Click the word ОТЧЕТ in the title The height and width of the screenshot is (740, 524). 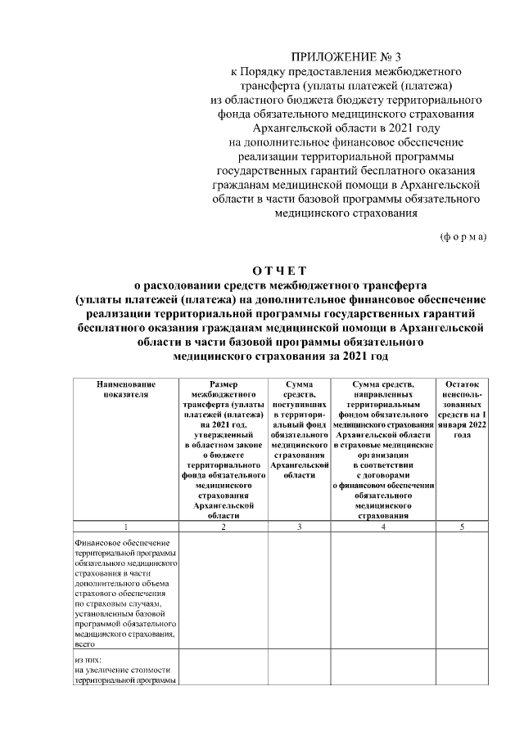(x=278, y=271)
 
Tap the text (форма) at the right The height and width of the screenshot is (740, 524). (x=463, y=236)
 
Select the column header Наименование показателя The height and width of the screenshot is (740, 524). (x=125, y=388)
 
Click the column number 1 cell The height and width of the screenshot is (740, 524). (x=125, y=527)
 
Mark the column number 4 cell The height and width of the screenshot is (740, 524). (x=382, y=527)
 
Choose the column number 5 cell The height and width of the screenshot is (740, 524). (x=463, y=527)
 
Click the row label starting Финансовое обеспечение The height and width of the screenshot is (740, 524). (x=125, y=592)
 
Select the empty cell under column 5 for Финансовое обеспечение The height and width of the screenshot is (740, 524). (x=463, y=592)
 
